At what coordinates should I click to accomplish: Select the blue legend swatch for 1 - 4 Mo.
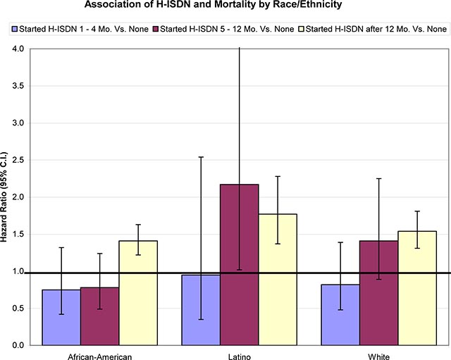point(13,29)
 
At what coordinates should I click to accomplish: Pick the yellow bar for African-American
point(138,292)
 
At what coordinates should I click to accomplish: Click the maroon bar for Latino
point(239,264)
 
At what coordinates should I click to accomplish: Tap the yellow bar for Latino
point(278,279)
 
